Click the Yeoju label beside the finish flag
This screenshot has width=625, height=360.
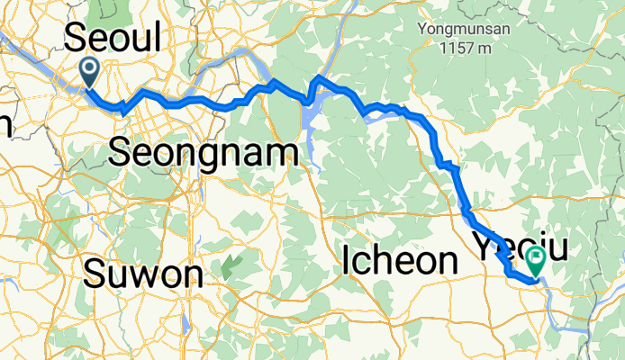click(x=504, y=243)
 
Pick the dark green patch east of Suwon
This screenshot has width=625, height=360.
click(x=231, y=265)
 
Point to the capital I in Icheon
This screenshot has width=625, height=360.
click(x=348, y=261)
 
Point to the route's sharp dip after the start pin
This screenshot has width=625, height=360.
click(x=121, y=108)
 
